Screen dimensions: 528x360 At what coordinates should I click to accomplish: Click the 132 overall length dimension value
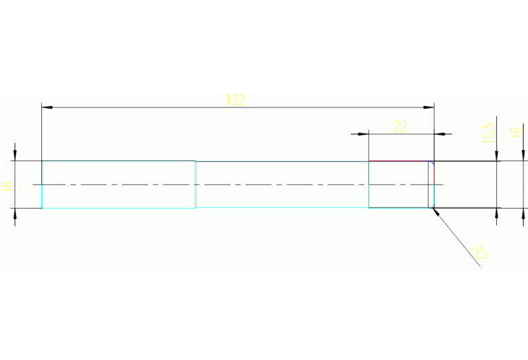(235, 99)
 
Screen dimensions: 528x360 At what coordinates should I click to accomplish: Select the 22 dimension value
(400, 126)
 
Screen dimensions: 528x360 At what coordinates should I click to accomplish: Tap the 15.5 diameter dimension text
(488, 133)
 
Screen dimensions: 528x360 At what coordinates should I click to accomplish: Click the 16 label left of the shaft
(8, 184)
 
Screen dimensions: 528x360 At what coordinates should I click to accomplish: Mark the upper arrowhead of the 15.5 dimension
(496, 157)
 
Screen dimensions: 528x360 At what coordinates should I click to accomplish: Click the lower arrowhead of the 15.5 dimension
(496, 212)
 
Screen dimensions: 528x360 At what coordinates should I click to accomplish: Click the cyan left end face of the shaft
(42, 184)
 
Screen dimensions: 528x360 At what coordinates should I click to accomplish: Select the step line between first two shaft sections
(196, 184)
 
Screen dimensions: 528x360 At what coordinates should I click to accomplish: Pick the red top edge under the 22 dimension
(399, 161)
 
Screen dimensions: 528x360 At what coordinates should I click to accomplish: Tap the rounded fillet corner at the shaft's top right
(432, 163)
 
